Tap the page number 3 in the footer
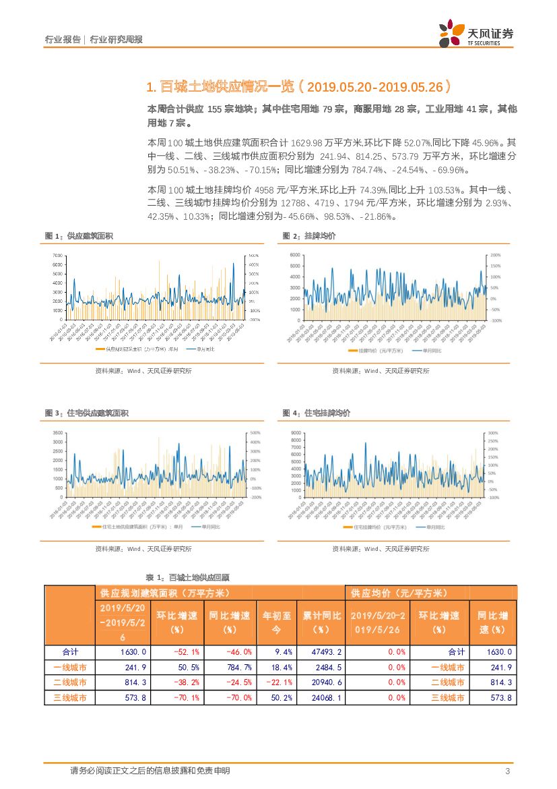click(507, 771)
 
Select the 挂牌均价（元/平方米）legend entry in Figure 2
click(376, 351)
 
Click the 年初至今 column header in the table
click(276, 622)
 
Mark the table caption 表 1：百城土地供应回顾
click(188, 577)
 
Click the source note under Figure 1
click(143, 371)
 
